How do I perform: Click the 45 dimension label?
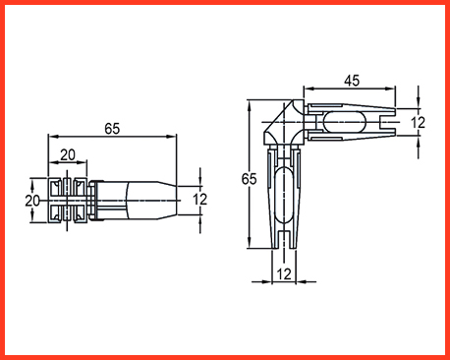point(352,81)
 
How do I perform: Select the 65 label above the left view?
point(112,129)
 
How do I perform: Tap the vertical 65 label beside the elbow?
point(250,179)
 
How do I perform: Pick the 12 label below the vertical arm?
point(284,273)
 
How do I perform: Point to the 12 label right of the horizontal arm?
point(418,123)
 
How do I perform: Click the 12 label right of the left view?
point(199,200)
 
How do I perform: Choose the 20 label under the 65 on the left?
point(68,154)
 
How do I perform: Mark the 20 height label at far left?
point(32,201)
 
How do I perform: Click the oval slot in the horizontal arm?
point(344,122)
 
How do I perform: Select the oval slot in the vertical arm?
point(284,195)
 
